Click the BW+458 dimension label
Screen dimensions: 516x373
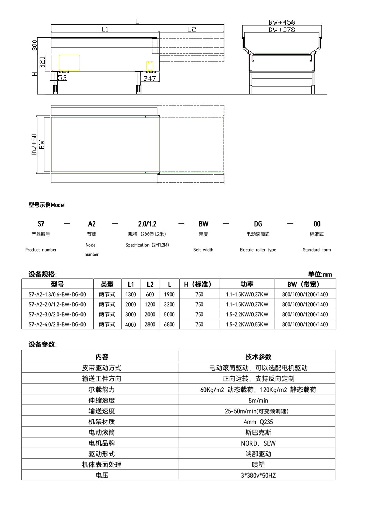282,22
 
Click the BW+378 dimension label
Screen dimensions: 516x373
282,30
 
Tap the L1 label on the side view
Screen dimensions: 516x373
105,29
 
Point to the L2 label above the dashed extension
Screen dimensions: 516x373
192,29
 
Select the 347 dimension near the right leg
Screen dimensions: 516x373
150,78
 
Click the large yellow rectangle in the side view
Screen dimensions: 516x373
69,63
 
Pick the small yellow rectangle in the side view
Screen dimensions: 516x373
150,66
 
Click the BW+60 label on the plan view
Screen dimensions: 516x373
34,144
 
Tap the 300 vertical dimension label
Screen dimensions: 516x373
35,46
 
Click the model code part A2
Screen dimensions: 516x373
92,224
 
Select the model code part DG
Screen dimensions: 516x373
258,224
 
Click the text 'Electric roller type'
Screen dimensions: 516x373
258,250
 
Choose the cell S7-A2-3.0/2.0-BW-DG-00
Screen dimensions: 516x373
57,314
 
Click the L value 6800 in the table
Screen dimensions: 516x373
169,324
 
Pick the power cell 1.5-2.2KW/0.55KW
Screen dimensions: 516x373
247,324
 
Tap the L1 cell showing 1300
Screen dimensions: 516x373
131,294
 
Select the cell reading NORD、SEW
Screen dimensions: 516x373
258,443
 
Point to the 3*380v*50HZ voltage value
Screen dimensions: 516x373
258,475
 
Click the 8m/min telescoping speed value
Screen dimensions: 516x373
258,400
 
